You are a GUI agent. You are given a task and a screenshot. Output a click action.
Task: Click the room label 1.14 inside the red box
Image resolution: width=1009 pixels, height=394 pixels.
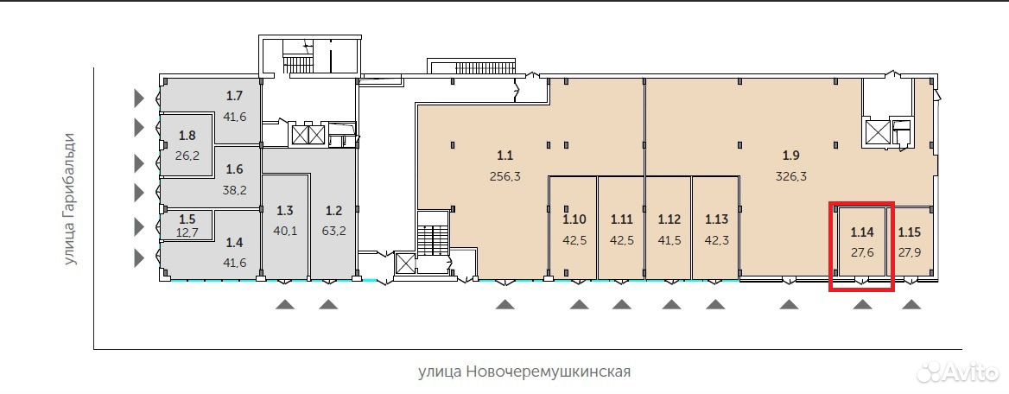(x=862, y=232)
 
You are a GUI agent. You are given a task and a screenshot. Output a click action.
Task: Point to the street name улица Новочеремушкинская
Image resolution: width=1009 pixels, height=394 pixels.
(x=524, y=372)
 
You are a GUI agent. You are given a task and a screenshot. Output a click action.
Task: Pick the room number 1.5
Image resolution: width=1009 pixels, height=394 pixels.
(x=187, y=219)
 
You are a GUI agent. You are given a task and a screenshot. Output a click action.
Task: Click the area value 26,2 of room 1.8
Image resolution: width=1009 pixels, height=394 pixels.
(x=187, y=156)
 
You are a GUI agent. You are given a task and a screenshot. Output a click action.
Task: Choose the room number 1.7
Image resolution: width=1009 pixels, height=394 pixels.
(x=234, y=97)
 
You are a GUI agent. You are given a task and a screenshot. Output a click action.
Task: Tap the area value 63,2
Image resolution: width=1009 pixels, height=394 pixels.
(x=334, y=231)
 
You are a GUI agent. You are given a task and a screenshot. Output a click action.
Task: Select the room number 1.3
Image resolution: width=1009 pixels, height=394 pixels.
(x=285, y=210)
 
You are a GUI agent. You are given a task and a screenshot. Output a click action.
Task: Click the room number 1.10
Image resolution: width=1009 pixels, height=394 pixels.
(x=574, y=219)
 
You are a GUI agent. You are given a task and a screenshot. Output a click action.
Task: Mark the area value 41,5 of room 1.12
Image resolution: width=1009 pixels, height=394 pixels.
(x=669, y=240)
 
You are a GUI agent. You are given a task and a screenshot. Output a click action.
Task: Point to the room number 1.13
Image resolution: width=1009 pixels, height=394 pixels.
(x=716, y=219)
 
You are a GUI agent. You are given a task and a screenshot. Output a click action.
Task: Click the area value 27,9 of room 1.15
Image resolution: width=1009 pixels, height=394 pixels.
(x=910, y=252)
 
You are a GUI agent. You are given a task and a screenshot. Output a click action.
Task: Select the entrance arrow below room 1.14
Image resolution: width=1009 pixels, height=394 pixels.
(x=863, y=304)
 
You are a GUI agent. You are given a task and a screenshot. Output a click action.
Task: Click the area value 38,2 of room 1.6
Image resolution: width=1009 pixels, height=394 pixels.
(x=234, y=190)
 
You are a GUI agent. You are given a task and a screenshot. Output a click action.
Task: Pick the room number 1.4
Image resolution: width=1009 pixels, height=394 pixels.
(x=234, y=242)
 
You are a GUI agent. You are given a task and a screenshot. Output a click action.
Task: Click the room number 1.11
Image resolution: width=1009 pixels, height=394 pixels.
(x=622, y=219)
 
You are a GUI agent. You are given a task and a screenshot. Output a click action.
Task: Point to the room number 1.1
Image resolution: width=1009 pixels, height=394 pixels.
(x=505, y=156)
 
